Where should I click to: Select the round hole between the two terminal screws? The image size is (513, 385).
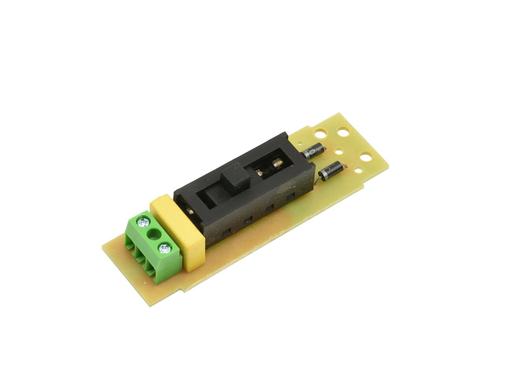[153, 234]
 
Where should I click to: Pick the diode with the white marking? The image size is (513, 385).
[313, 151]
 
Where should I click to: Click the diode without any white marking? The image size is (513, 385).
[333, 172]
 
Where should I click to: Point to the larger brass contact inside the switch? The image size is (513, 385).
[277, 162]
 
